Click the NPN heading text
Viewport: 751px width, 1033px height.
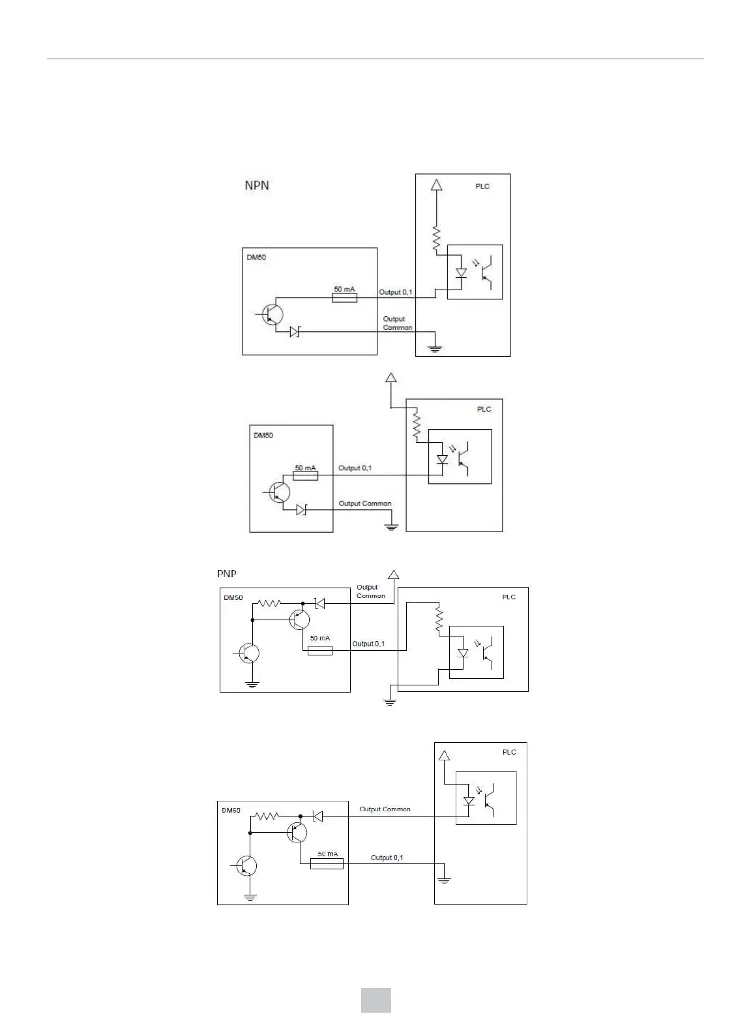coord(256,185)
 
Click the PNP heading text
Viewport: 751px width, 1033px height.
coord(226,574)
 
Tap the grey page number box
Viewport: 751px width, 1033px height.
coord(376,1000)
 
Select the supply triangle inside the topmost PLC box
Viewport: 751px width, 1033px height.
coord(437,185)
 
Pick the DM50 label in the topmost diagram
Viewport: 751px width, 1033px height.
coord(256,257)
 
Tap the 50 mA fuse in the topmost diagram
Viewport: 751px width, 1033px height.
coord(344,297)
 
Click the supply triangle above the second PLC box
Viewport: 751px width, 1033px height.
coord(390,377)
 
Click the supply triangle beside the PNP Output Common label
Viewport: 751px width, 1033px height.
coord(393,575)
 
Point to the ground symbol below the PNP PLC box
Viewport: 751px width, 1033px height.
coord(390,702)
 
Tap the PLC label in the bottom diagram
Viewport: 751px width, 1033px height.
coord(509,752)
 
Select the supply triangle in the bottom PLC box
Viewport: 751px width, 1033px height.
coord(445,756)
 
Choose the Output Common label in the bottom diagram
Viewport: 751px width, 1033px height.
coord(385,809)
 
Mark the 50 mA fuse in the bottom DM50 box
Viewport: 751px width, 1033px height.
coord(327,864)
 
